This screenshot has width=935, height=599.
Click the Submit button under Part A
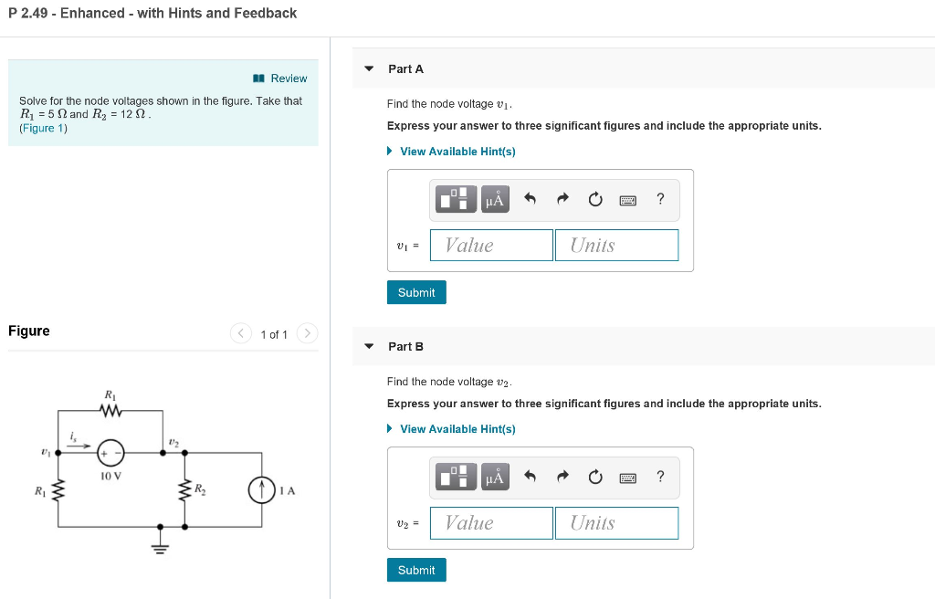click(x=416, y=292)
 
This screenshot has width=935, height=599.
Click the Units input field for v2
click(x=616, y=522)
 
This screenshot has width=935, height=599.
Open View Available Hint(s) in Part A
click(x=457, y=152)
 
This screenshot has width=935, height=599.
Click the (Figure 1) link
click(x=43, y=128)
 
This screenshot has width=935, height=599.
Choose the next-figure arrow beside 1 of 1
click(x=308, y=334)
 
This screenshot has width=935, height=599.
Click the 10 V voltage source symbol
click(x=111, y=451)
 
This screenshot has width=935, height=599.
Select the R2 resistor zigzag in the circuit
click(x=184, y=490)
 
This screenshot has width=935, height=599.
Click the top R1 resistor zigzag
click(x=111, y=412)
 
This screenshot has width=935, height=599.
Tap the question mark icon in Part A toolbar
click(x=660, y=199)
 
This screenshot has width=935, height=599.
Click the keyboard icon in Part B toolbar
click(x=627, y=477)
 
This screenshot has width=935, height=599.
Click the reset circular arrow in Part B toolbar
click(x=594, y=477)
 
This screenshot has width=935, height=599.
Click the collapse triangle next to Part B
click(x=369, y=347)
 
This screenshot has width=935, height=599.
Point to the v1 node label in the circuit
click(x=45, y=451)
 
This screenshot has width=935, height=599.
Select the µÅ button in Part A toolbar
click(x=495, y=199)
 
